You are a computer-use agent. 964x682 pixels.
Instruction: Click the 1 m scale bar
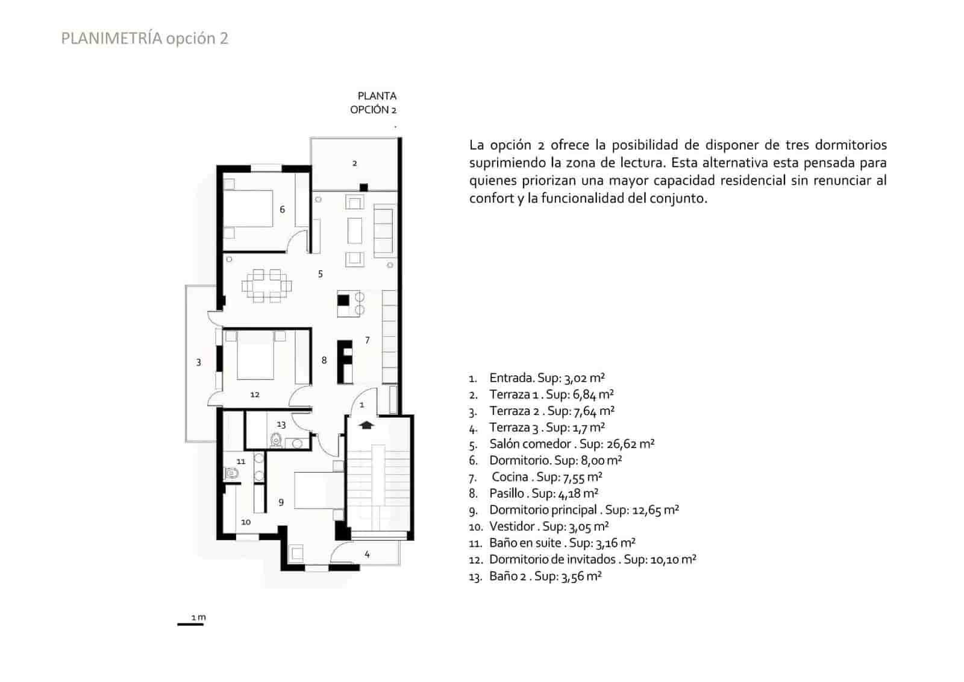pyautogui.click(x=190, y=624)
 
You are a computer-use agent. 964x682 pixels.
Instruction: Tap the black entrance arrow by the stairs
pyautogui.click(x=366, y=425)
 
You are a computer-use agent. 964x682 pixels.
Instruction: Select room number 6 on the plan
pyautogui.click(x=282, y=210)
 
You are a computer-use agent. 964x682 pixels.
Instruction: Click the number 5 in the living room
pyautogui.click(x=321, y=274)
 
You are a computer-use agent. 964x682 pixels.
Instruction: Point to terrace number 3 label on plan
pyautogui.click(x=199, y=362)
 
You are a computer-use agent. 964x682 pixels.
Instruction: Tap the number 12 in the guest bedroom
pyautogui.click(x=255, y=395)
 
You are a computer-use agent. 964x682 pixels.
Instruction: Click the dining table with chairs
pyautogui.click(x=266, y=285)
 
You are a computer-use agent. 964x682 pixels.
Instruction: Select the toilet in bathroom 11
pyautogui.click(x=232, y=474)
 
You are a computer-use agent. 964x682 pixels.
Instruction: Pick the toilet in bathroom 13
pyautogui.click(x=277, y=441)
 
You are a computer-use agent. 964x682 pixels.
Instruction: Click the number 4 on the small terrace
pyautogui.click(x=367, y=554)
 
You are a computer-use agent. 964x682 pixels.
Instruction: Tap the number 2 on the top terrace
pyautogui.click(x=355, y=163)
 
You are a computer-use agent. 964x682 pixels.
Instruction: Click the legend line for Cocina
pyautogui.click(x=546, y=477)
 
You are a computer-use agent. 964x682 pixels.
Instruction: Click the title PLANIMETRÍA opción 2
pyautogui.click(x=145, y=39)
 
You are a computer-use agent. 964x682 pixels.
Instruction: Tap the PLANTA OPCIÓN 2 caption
pyautogui.click(x=375, y=103)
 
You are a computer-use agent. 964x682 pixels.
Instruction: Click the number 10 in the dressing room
pyautogui.click(x=246, y=522)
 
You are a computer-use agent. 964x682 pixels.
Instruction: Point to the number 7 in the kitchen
pyautogui.click(x=368, y=341)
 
